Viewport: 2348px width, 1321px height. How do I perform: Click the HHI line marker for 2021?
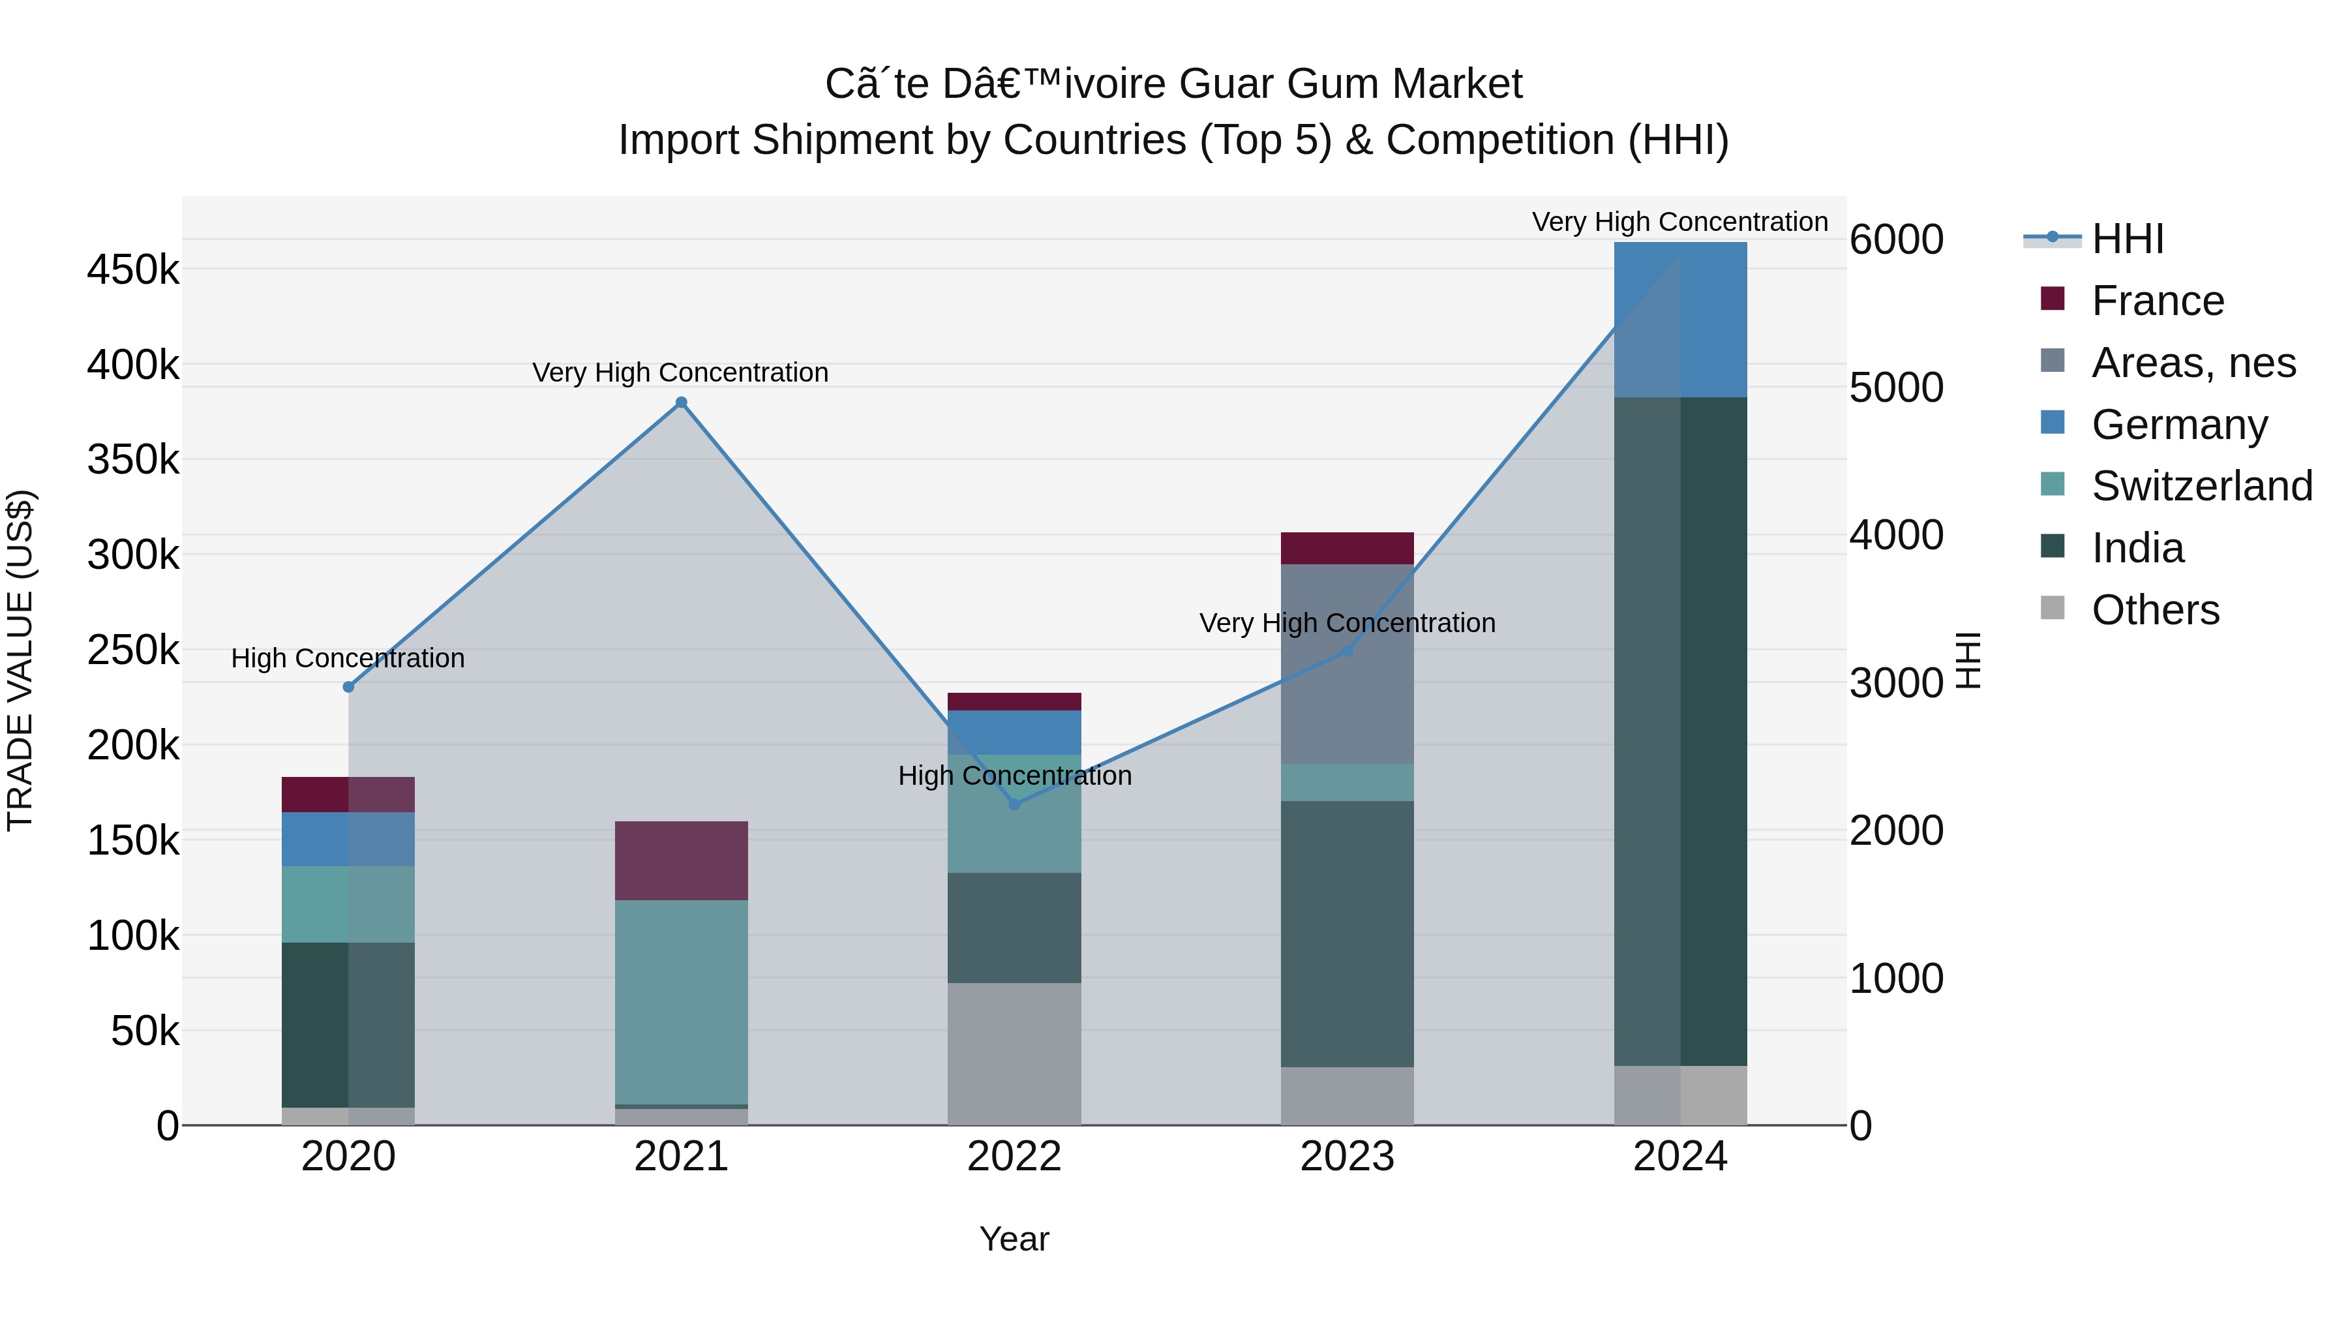[x=681, y=402]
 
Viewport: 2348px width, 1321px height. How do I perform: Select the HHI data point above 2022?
[x=1014, y=804]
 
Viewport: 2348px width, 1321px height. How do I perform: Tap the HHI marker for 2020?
[x=348, y=686]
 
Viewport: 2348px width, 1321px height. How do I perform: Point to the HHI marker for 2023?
[x=1347, y=651]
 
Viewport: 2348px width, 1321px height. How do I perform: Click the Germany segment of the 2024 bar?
[x=1680, y=319]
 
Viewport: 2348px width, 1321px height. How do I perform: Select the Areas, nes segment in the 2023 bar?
[x=1347, y=663]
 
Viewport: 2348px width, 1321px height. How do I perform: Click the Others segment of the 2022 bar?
[x=1014, y=1053]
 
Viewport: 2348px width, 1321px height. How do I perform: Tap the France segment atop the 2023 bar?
[x=1347, y=548]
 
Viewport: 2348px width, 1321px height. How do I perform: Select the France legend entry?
[x=2157, y=301]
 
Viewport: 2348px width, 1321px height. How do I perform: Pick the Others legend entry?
[x=2155, y=610]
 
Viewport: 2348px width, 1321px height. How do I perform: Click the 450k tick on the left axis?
[x=133, y=270]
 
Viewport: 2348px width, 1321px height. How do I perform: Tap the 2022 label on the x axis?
[x=1014, y=1157]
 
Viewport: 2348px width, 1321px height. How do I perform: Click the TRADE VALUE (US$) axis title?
[x=20, y=660]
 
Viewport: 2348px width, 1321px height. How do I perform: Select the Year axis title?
[x=1014, y=1239]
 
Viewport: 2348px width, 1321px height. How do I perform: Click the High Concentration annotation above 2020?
[x=348, y=658]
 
